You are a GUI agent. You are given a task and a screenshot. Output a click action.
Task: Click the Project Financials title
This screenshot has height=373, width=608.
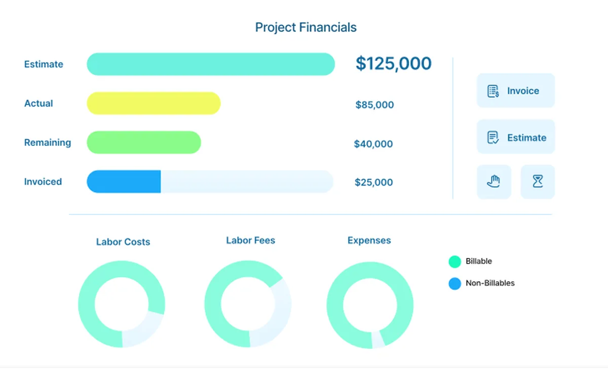[306, 27]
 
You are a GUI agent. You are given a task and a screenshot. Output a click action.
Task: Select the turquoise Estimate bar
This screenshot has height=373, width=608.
[211, 64]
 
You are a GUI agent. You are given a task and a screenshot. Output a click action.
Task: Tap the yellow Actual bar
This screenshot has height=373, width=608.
[154, 103]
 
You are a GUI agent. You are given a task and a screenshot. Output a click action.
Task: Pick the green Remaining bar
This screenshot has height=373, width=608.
[144, 142]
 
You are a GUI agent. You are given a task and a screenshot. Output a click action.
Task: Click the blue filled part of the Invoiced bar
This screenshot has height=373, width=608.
[124, 182]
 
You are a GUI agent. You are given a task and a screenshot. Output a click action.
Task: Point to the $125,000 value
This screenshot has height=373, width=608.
[393, 64]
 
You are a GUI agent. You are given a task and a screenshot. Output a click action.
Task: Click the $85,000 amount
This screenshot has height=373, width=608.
[374, 105]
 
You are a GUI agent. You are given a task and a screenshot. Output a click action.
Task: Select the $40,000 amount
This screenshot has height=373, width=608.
[373, 144]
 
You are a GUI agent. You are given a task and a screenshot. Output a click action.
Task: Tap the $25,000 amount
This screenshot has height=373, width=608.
[373, 182]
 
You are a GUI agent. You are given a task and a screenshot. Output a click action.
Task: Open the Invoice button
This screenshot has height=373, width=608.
[515, 91]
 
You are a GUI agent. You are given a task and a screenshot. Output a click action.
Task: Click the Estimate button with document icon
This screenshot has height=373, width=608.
[515, 137]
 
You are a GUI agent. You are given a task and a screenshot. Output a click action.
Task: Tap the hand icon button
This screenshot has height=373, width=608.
[493, 181]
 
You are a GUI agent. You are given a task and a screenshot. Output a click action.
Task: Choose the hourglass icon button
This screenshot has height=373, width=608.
[538, 181]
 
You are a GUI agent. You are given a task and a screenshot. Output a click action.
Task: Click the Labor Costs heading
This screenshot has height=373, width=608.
[123, 242]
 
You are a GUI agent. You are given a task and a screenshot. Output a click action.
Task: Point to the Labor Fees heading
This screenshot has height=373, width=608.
[250, 241]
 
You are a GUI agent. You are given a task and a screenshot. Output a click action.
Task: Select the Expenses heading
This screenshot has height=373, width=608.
[369, 241]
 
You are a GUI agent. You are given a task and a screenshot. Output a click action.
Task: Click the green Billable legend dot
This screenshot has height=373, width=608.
[454, 262]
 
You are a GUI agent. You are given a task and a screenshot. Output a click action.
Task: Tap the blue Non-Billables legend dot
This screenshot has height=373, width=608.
[454, 283]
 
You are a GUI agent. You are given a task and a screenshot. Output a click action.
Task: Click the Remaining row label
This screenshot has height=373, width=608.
[48, 143]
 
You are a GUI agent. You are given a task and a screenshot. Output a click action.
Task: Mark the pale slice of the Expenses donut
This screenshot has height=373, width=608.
[378, 340]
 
